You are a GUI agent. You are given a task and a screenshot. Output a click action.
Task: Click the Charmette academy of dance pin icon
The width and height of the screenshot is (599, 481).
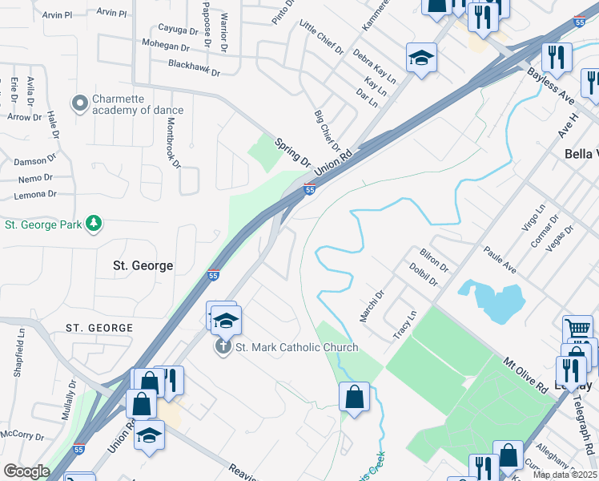click(79, 103)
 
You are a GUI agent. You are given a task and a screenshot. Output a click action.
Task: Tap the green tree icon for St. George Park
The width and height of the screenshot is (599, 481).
click(94, 223)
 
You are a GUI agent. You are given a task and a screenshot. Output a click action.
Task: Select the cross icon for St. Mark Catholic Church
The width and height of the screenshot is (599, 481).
click(223, 346)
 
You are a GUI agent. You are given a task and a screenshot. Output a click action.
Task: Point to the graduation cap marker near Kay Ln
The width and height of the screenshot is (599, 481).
click(421, 59)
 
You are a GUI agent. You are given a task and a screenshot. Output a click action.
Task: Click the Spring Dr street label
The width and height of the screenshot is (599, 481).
click(292, 152)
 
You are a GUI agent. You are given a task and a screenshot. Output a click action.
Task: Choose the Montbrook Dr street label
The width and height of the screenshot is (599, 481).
click(173, 143)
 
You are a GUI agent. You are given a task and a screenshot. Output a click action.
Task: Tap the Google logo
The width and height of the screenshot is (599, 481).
click(26, 471)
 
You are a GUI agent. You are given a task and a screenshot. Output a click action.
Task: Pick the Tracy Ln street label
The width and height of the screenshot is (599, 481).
click(405, 325)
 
